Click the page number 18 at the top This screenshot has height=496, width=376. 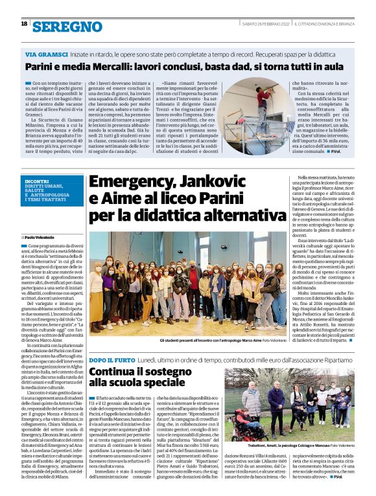24,24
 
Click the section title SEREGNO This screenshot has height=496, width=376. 67,27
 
